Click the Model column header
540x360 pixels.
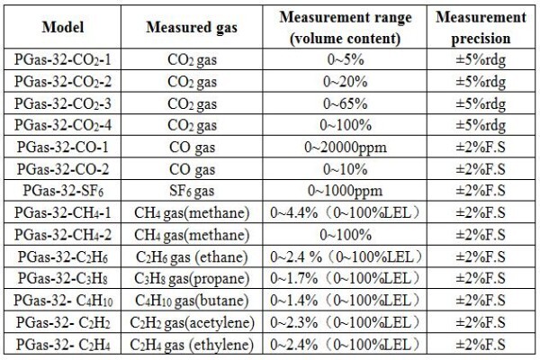coord(63,27)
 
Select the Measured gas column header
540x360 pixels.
coord(192,28)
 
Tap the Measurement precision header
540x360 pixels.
coord(481,28)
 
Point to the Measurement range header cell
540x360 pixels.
coord(346,28)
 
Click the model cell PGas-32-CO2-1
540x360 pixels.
coord(63,59)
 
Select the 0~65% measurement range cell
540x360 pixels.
coord(346,103)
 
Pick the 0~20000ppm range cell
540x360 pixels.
coord(346,148)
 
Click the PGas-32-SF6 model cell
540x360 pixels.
coord(63,191)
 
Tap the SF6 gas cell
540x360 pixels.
coord(192,191)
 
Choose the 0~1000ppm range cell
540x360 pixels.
coord(346,191)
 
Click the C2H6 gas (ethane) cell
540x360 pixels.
coord(192,257)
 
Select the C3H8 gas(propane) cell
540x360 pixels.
coord(192,279)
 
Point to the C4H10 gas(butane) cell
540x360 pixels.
coord(192,301)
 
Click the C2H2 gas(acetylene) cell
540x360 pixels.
coord(192,323)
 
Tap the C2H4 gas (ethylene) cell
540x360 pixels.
coord(192,345)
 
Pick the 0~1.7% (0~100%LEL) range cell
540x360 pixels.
coord(346,278)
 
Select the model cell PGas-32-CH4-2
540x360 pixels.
coord(63,235)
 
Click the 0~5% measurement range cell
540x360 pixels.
coord(346,59)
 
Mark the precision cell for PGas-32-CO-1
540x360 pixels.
coord(481,147)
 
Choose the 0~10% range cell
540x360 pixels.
coord(346,169)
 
